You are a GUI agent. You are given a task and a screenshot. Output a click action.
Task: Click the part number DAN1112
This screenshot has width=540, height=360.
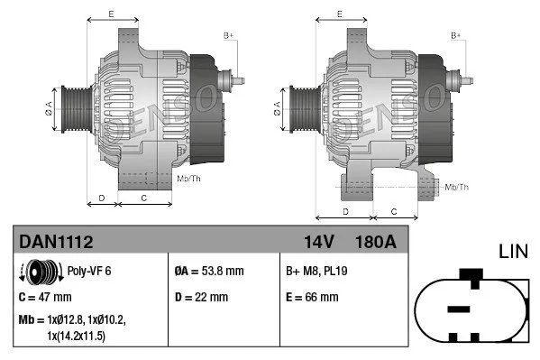click(56, 242)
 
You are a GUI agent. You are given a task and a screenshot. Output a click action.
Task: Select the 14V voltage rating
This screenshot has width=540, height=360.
click(318, 242)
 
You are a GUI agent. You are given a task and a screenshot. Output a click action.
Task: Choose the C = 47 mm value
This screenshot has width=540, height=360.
click(45, 296)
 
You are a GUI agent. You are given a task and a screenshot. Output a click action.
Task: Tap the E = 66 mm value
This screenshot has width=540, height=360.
click(312, 296)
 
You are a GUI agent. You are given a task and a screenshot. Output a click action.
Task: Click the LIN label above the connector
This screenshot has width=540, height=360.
click(513, 249)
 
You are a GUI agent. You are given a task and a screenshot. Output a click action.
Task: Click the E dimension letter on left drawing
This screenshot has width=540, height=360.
click(111, 13)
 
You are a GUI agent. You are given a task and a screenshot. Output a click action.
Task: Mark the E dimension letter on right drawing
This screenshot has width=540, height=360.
click(339, 13)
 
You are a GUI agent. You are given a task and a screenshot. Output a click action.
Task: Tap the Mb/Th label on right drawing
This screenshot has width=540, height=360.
click(457, 187)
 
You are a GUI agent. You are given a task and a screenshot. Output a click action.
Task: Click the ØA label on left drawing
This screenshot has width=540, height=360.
click(50, 108)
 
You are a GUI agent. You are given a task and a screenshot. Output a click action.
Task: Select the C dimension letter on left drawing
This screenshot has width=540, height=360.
click(144, 196)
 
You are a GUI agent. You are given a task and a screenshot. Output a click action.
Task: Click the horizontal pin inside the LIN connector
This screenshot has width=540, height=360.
click(459, 309)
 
